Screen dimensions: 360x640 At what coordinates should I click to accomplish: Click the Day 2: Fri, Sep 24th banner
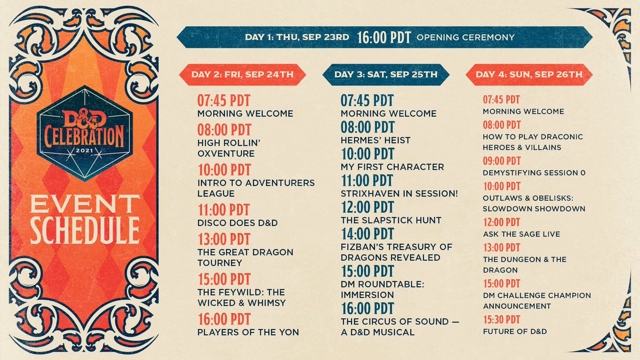(x=243, y=75)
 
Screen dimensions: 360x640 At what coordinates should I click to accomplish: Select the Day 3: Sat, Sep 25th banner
(x=386, y=75)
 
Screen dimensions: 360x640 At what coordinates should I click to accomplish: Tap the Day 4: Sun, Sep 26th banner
(x=529, y=75)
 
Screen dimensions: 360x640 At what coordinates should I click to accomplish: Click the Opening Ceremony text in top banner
(x=465, y=37)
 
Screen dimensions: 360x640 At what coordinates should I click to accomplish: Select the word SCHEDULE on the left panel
(x=85, y=230)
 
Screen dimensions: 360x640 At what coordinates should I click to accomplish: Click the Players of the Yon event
(x=248, y=332)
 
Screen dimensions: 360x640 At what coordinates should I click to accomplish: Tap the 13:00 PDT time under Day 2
(x=223, y=238)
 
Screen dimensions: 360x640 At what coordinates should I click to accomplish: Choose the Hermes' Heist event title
(x=375, y=140)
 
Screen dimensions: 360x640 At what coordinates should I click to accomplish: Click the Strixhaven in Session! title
(x=399, y=194)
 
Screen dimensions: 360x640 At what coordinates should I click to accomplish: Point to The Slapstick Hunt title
(x=391, y=220)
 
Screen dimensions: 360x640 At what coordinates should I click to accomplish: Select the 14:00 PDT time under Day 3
(x=367, y=234)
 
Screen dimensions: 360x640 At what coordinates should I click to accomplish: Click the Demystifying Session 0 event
(x=534, y=173)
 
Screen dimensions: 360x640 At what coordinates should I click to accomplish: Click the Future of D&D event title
(x=515, y=332)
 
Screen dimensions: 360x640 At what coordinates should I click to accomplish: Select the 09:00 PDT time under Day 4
(x=501, y=161)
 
